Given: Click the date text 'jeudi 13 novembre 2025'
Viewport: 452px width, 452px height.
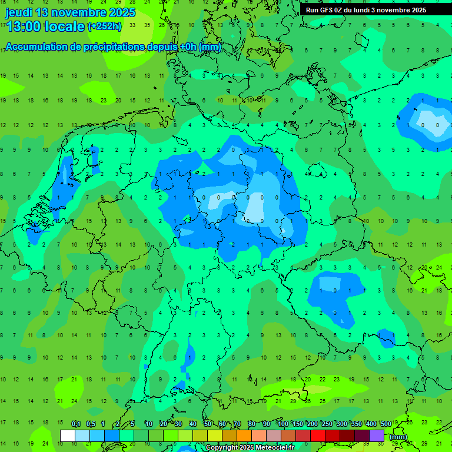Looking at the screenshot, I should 70,12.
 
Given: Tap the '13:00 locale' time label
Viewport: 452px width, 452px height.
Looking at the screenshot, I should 45,26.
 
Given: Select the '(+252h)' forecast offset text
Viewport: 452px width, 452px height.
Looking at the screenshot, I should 105,26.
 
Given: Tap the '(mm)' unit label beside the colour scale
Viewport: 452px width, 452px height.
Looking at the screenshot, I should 398,437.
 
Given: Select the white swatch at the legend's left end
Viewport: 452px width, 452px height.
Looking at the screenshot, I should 68,436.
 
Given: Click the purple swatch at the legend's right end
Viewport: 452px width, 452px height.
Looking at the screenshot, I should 377,436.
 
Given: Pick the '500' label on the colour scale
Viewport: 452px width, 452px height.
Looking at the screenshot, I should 386,424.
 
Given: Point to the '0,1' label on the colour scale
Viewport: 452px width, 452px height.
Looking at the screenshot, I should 76,424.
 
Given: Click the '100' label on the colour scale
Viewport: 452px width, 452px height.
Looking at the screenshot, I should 283,424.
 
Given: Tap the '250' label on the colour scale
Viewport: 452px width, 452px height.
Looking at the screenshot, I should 327,424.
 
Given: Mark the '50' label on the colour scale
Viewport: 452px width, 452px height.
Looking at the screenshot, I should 208,424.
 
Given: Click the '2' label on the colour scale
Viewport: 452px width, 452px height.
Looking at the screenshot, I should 118,424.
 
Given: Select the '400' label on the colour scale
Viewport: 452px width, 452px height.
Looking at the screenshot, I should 371,424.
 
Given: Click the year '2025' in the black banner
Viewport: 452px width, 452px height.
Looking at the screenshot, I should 418,10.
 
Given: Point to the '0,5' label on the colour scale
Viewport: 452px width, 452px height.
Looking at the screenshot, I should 91,424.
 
